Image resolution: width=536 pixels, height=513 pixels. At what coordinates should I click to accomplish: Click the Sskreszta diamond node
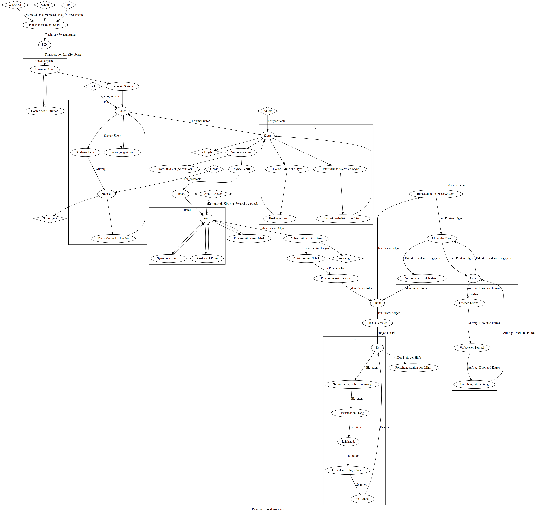[x=15, y=5]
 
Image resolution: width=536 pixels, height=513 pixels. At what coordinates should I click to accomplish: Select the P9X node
[x=45, y=45]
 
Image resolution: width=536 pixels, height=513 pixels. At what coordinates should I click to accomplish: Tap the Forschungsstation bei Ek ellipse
[x=45, y=25]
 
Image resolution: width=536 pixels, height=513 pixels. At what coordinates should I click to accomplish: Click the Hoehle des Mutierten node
[x=45, y=111]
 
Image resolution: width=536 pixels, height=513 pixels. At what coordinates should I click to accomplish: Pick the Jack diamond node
[x=93, y=86]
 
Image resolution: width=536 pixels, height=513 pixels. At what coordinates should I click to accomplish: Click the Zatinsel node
[x=106, y=194]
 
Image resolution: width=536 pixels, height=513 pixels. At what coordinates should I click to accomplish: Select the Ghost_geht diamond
[x=50, y=218]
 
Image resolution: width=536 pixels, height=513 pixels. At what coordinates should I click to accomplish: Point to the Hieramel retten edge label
[x=200, y=121]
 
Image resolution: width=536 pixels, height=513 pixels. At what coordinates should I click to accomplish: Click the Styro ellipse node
[x=267, y=136]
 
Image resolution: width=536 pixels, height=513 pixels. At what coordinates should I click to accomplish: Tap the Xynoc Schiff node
[x=242, y=169]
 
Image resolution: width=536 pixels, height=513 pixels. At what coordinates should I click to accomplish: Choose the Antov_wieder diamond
[x=213, y=194]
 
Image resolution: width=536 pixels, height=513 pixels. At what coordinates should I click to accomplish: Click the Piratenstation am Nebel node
[x=249, y=238]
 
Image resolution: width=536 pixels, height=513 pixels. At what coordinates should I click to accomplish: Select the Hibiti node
[x=377, y=303]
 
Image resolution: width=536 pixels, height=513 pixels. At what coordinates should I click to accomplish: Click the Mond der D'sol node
[x=442, y=238]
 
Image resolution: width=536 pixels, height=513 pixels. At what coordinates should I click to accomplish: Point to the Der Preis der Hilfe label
[x=409, y=357]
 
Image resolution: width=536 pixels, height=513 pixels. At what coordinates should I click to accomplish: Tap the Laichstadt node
[x=348, y=441]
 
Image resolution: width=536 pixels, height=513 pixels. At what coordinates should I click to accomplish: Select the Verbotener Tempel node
[x=472, y=348]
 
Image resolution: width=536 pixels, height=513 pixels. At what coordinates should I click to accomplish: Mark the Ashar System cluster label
[x=457, y=185]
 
